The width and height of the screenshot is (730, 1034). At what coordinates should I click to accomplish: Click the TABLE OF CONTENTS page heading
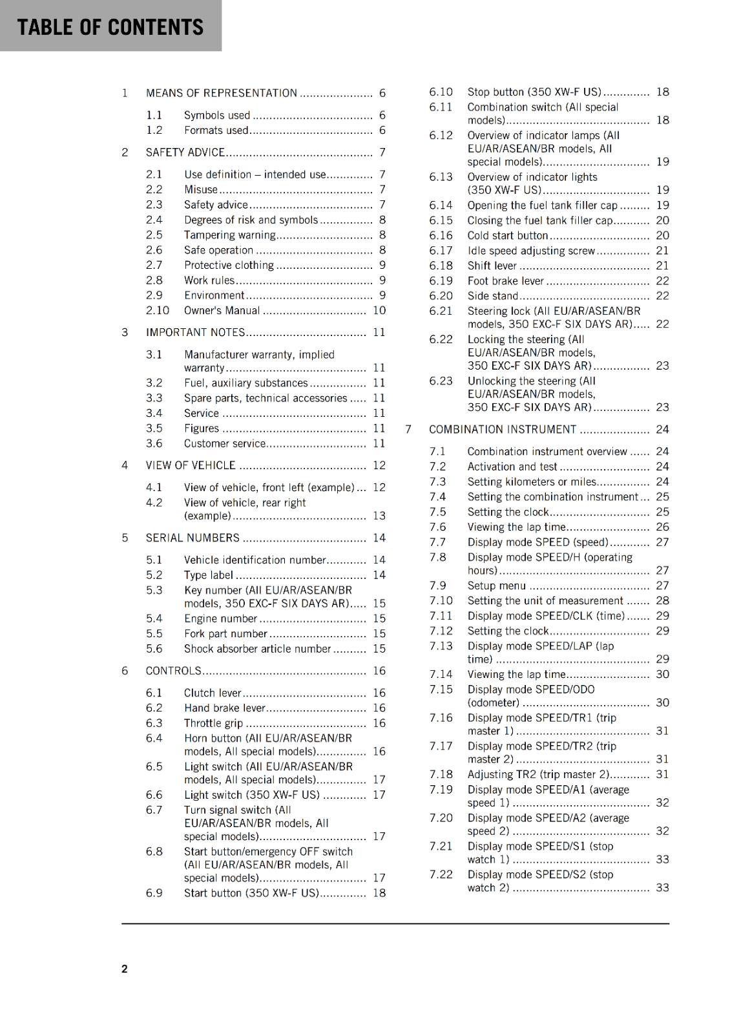click(x=110, y=27)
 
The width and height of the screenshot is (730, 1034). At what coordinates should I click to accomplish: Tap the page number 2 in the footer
click(x=125, y=969)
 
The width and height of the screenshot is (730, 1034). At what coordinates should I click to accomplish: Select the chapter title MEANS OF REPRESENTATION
click(x=222, y=93)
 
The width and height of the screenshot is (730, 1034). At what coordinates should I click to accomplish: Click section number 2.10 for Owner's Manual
click(x=157, y=310)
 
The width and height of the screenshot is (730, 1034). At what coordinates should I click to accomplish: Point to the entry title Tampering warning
click(x=229, y=235)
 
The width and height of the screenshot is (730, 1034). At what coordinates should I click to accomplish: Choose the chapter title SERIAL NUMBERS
click(x=193, y=538)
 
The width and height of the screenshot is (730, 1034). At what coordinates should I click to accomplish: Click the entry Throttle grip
click(x=213, y=723)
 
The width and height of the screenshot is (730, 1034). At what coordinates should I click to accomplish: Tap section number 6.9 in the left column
click(x=154, y=893)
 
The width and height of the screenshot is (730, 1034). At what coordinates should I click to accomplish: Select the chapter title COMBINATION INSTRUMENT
click(x=503, y=430)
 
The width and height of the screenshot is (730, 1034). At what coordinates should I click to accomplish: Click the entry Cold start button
click(x=508, y=236)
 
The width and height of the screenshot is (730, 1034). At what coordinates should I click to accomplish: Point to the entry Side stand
click(x=493, y=296)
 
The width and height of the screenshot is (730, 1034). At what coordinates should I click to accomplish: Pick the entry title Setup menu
click(x=497, y=586)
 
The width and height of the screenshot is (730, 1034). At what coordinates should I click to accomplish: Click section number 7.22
click(x=441, y=874)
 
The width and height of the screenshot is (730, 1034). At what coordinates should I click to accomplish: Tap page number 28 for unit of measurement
click(x=662, y=600)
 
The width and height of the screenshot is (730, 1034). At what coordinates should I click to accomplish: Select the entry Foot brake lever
click(x=506, y=281)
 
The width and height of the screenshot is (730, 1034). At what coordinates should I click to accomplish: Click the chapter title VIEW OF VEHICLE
click(x=191, y=465)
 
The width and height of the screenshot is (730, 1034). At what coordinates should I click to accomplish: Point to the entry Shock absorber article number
click(x=257, y=649)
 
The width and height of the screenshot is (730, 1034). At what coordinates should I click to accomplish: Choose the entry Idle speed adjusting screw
click(x=531, y=251)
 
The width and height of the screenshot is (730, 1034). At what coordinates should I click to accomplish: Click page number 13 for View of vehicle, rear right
click(x=379, y=516)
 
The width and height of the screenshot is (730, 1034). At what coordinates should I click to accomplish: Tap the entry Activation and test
click(x=512, y=467)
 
